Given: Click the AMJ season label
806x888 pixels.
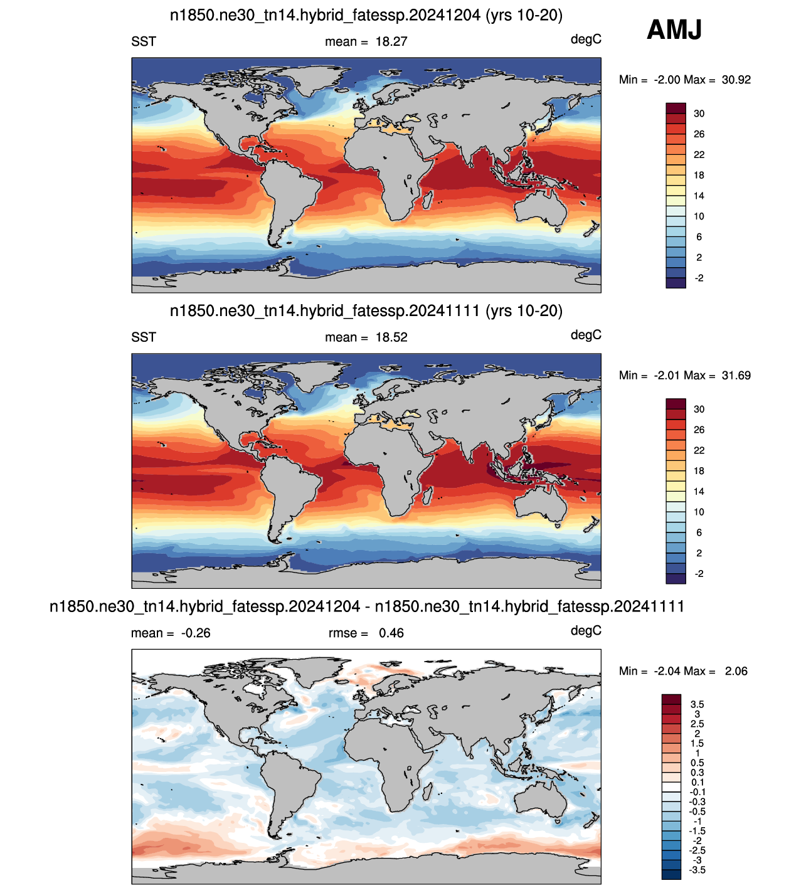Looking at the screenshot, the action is [674, 29].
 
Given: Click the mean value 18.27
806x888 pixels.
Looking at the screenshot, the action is [391, 41].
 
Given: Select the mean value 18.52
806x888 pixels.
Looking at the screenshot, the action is [391, 337].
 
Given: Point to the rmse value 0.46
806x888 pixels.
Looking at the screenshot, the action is [391, 633].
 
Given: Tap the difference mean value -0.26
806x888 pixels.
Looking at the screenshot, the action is [196, 633].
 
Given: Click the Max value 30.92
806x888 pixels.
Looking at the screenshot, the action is [736, 80].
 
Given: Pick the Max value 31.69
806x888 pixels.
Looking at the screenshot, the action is [736, 376].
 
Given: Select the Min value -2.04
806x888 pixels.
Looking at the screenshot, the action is [668, 671].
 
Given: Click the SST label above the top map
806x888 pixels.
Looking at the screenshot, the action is [144, 41].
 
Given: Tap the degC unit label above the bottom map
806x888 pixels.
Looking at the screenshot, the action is [586, 630].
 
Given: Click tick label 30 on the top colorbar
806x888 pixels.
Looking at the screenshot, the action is [699, 114].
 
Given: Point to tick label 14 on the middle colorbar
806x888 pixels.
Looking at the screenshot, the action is [699, 492].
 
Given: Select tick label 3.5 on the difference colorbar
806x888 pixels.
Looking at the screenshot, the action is [697, 704].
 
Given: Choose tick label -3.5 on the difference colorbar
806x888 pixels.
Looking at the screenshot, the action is [697, 870].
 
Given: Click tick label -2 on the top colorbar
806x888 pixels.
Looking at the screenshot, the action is [699, 278].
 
